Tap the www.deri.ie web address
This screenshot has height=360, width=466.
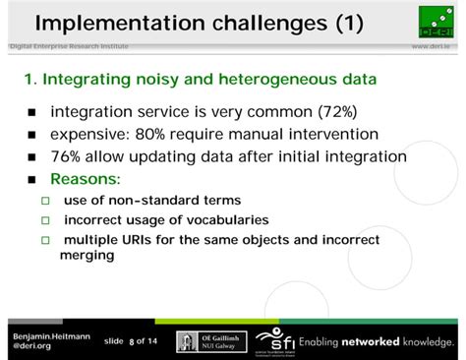433,47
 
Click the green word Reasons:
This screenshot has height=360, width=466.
85,180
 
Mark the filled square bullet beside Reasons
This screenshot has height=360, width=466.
31,181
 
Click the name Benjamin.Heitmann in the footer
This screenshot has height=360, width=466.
50,335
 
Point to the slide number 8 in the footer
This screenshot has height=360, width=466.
130,341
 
